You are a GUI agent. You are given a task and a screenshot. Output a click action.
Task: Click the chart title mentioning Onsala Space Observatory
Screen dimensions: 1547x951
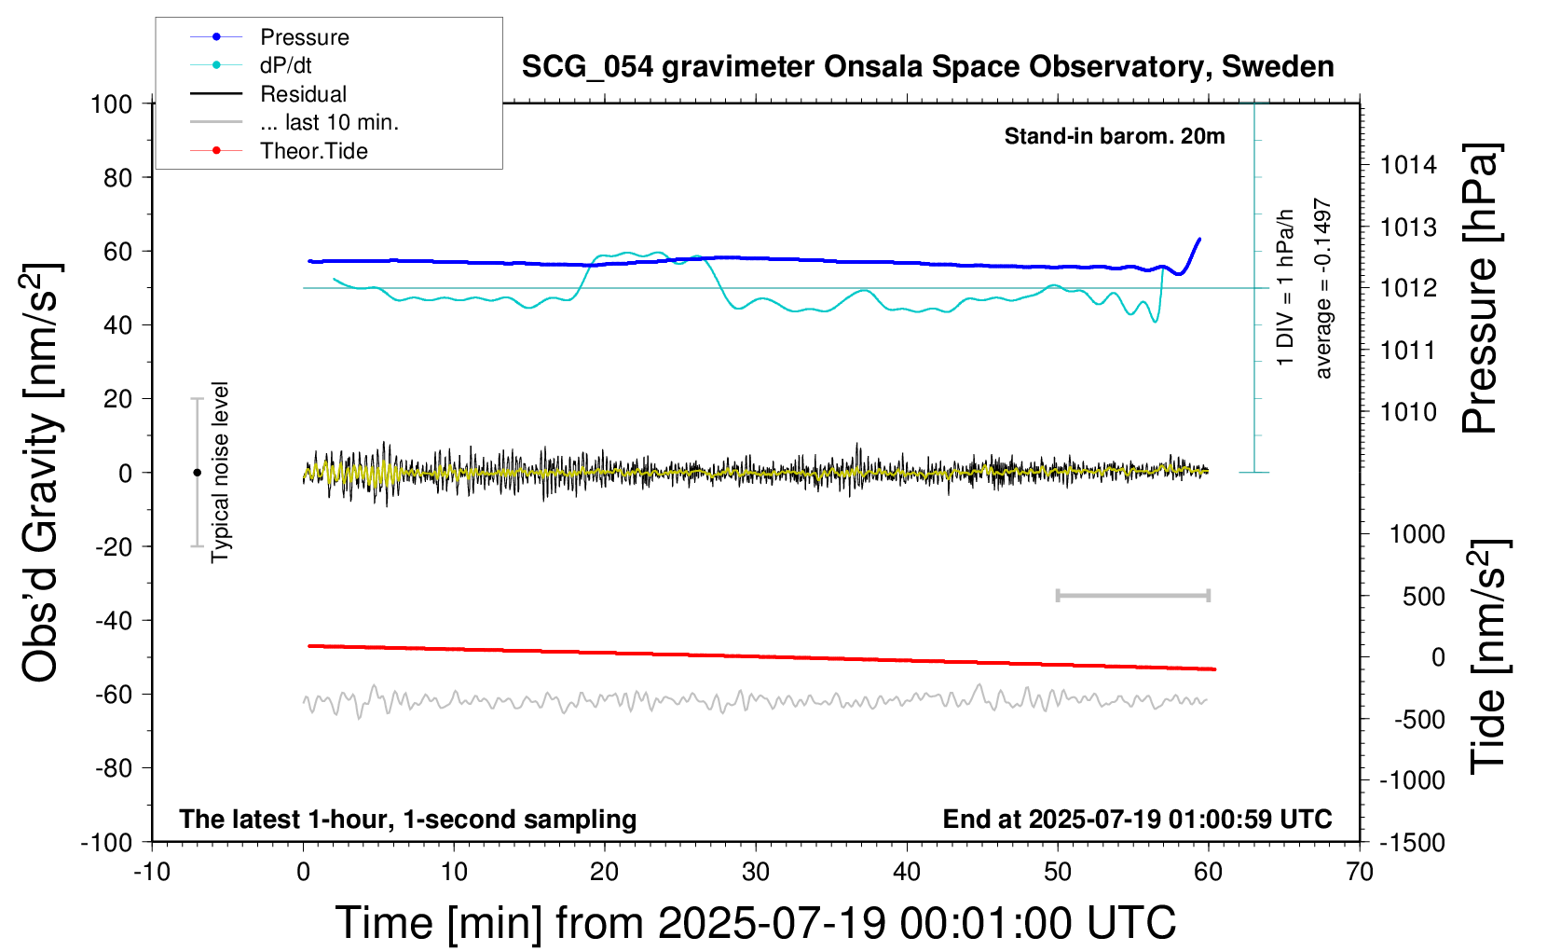coord(927,67)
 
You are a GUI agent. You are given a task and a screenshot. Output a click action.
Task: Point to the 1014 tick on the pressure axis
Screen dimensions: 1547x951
coord(1408,165)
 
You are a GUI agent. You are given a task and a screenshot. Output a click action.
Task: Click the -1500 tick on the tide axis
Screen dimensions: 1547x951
coord(1412,843)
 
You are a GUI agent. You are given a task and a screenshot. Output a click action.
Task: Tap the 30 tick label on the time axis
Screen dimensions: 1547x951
coord(756,872)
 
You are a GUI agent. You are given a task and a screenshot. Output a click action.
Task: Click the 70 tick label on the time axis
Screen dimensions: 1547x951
coord(1359,872)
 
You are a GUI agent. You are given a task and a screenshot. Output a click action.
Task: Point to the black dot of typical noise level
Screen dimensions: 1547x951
coord(197,473)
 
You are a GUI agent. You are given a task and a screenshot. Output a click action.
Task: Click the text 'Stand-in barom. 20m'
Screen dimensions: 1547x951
coord(1115,136)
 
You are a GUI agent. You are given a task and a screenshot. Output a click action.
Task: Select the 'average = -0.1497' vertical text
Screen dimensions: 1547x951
coord(1321,289)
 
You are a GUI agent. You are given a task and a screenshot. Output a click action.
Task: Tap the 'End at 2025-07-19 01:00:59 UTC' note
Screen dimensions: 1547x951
coord(1138,819)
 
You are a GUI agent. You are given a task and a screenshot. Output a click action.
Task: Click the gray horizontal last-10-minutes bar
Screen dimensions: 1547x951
coord(1133,596)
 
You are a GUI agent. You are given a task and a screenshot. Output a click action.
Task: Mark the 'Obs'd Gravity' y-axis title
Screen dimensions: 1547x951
coord(41,473)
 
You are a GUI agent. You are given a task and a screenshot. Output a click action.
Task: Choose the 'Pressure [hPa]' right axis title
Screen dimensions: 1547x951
coord(1480,287)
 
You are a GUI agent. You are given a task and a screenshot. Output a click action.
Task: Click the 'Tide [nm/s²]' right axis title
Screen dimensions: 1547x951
coord(1488,656)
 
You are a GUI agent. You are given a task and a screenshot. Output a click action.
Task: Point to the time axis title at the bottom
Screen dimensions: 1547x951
coord(756,923)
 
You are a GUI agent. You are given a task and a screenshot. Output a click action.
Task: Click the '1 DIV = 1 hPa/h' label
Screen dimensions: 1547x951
coord(1284,287)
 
